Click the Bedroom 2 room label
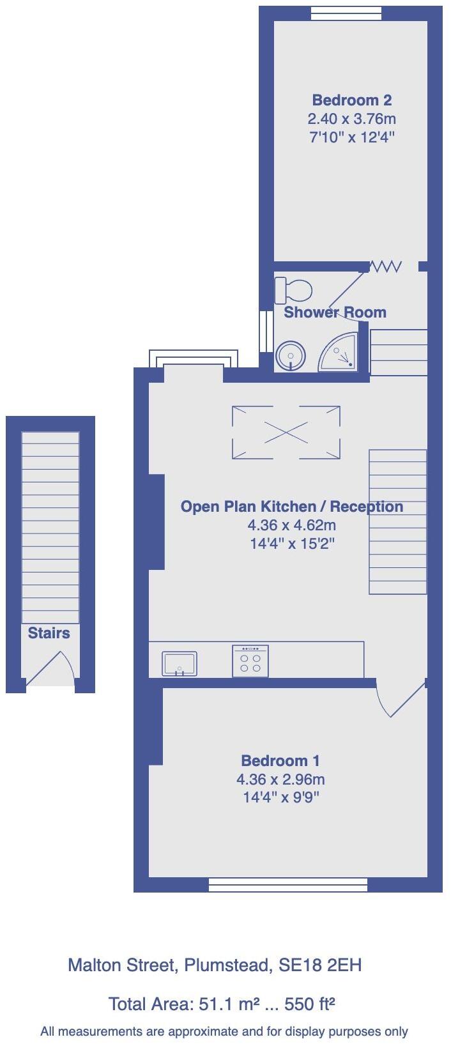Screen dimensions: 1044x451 pos(351,100)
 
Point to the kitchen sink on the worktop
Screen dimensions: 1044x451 pos(180,663)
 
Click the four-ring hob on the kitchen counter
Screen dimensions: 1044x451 pos(250,661)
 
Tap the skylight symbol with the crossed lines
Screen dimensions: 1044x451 pos(286,433)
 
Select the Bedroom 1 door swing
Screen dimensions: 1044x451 pos(399,699)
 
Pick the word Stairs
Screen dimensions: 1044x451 pos(49,633)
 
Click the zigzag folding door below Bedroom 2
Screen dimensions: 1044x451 pos(386,266)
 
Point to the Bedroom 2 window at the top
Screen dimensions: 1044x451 pos(346,13)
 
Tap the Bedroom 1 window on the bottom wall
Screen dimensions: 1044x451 pos(288,884)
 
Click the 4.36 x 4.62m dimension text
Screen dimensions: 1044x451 pos(291,525)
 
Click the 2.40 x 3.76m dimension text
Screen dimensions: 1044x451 pos(351,119)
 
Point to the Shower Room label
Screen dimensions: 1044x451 pos(335,312)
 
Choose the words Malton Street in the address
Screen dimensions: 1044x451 pos(121,965)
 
